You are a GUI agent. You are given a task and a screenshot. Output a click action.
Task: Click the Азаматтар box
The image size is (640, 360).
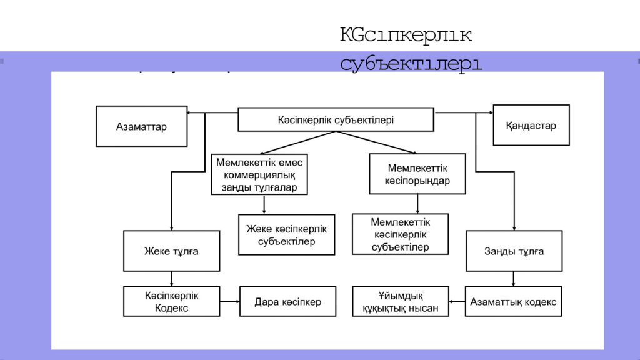[x=141, y=126]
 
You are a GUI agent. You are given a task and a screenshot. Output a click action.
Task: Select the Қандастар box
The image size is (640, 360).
[x=531, y=125]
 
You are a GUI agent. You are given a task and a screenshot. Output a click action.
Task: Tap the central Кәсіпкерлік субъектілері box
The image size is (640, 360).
[x=336, y=119]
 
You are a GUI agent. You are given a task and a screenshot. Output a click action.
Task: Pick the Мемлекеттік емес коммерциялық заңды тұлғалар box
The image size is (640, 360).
[x=259, y=174]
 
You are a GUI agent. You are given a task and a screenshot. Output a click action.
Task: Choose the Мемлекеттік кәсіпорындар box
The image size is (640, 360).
[x=417, y=174]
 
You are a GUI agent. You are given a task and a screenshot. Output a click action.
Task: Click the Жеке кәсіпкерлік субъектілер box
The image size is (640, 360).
[x=286, y=235]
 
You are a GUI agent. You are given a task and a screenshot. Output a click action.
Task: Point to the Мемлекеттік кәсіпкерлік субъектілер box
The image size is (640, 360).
[x=400, y=234]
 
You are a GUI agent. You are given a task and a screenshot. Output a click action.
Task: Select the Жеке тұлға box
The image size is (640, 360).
[x=171, y=251]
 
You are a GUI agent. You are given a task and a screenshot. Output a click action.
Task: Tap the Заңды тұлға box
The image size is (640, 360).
[x=514, y=251]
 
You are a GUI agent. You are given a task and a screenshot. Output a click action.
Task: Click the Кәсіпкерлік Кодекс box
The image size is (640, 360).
[x=171, y=301]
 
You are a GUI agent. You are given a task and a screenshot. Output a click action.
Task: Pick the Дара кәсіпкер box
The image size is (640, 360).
[x=287, y=302]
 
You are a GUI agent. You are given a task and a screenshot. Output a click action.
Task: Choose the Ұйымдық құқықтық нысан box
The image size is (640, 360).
[x=400, y=301]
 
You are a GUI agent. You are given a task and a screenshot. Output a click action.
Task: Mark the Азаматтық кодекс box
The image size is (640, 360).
[x=514, y=302]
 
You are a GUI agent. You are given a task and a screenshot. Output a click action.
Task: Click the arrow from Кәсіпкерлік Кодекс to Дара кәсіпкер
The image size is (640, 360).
[x=229, y=302]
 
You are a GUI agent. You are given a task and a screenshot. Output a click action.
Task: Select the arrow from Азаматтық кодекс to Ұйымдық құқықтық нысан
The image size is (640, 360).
[x=457, y=302]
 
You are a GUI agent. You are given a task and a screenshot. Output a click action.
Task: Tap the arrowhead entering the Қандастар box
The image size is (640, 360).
[x=489, y=113]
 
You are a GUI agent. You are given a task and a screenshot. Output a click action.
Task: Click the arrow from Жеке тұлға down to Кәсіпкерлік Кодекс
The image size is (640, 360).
[x=171, y=279]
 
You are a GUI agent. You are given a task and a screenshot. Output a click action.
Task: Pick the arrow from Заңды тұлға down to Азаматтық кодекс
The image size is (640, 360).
[x=514, y=279]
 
